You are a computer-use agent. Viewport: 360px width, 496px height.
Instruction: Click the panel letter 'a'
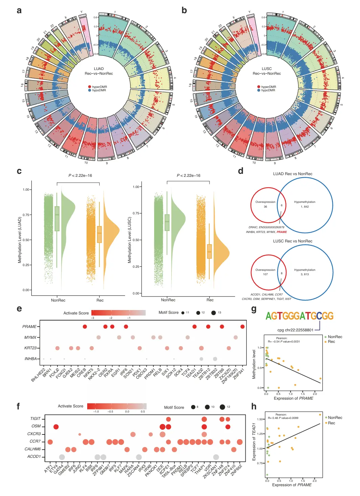19,10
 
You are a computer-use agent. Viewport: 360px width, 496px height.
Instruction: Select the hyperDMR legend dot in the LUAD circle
90,87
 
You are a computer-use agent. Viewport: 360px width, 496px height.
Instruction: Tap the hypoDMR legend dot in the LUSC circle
259,90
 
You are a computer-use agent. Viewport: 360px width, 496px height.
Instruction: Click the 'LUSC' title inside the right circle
267,69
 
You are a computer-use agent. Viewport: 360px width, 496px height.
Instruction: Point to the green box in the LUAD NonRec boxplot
57,218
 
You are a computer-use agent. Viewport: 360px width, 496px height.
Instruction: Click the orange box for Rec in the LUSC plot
210,251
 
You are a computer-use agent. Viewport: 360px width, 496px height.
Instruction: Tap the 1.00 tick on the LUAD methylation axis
26,190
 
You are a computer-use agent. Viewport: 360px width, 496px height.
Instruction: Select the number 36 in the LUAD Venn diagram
265,207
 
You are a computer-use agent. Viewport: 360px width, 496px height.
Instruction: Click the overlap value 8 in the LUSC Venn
282,273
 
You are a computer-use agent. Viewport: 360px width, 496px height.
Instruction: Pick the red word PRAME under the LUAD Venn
282,232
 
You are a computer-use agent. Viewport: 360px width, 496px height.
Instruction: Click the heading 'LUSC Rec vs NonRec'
293,241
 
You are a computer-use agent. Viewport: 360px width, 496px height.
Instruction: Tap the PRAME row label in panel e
29,327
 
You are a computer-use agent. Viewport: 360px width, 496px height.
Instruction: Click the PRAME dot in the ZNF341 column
242,326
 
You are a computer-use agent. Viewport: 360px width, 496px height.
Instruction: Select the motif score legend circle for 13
214,313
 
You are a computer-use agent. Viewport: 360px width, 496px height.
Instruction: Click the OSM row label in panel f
36,426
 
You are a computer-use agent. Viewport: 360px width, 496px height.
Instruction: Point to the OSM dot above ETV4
56,427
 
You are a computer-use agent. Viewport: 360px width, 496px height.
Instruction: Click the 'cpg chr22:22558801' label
295,330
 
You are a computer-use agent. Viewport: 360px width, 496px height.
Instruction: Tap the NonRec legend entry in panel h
335,418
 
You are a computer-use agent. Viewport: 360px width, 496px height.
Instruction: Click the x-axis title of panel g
293,398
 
